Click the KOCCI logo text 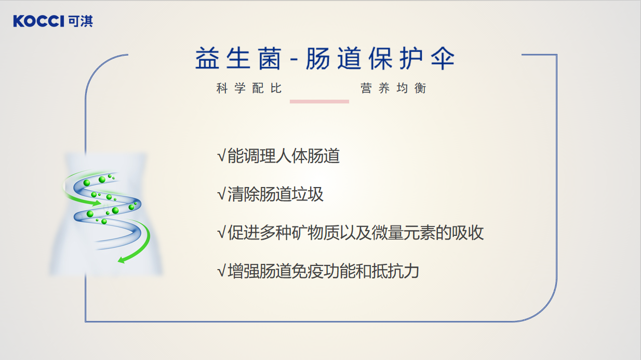point(38,21)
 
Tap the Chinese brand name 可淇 point(81,21)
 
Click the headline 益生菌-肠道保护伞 point(325,58)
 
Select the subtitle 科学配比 point(249,88)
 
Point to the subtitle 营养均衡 point(393,88)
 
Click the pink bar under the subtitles point(319,101)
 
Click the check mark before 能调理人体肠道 point(221,156)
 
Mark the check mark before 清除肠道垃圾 point(221,194)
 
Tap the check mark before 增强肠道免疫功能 point(221,271)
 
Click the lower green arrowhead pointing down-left point(122,260)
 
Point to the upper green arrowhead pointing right point(97,203)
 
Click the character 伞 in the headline point(443,58)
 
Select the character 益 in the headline point(207,58)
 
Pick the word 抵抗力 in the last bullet point(395,271)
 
